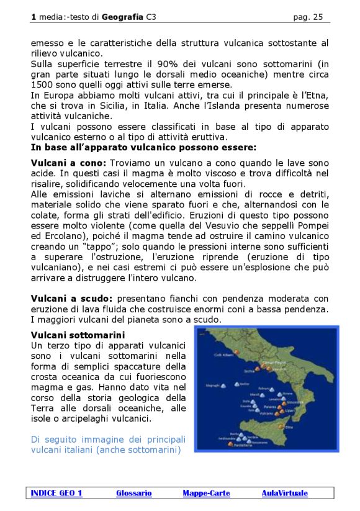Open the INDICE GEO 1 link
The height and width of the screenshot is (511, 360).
[56, 493]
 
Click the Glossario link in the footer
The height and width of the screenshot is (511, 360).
[133, 493]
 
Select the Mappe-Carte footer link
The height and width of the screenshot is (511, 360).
[206, 493]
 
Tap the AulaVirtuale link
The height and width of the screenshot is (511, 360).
[284, 493]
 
